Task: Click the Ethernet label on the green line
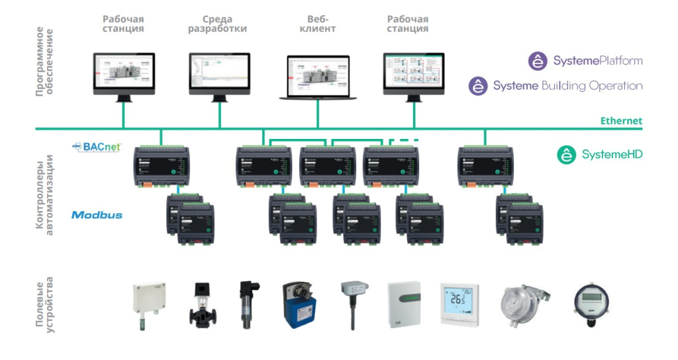620,120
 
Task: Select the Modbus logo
97,215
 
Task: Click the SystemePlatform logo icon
537,61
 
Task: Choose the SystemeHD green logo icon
566,155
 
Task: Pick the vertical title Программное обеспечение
44,62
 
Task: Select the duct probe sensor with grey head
352,302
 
